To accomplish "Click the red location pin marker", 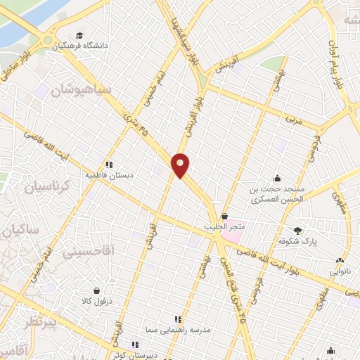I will click(x=181, y=165).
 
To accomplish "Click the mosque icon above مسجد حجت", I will click(x=278, y=179).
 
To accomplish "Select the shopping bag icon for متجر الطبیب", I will click(x=224, y=217).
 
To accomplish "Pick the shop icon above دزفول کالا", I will click(x=96, y=290).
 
